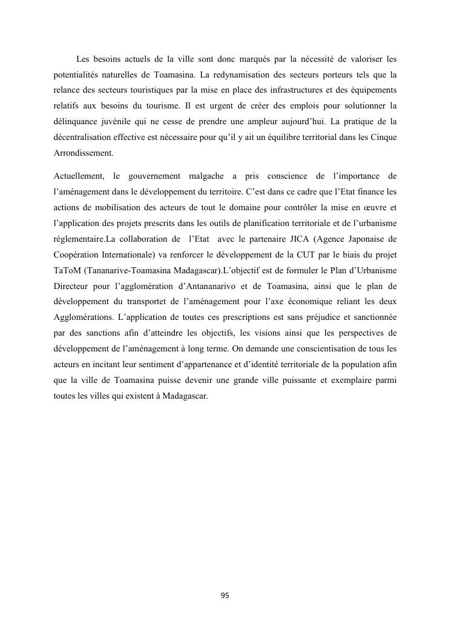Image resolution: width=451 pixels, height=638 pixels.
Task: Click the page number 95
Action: coord(225,596)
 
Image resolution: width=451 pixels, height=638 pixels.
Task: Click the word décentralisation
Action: coord(85,138)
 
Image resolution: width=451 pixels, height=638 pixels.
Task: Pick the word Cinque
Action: coord(383,138)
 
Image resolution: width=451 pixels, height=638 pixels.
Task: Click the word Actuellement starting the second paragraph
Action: coord(77,176)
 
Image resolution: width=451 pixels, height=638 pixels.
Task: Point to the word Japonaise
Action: coord(364,239)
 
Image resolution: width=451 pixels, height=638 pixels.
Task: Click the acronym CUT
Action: coord(287,255)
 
